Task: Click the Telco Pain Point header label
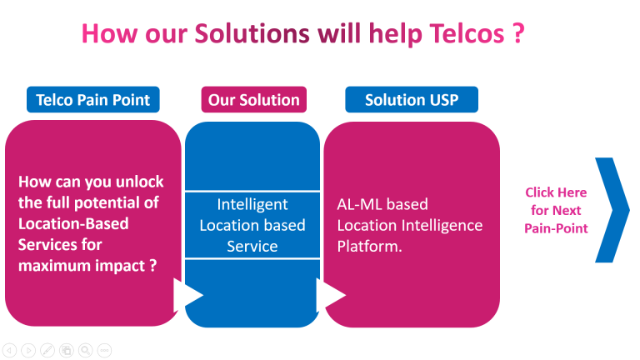click(x=93, y=100)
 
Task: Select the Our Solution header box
click(x=254, y=100)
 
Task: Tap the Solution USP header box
click(x=412, y=100)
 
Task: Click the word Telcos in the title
click(x=467, y=33)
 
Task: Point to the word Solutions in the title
click(x=252, y=33)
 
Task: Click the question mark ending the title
click(x=518, y=33)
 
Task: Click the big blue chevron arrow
click(x=612, y=210)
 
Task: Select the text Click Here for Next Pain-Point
click(x=556, y=210)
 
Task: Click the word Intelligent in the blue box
click(x=252, y=204)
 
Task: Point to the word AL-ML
click(x=361, y=204)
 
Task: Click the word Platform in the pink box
click(x=367, y=246)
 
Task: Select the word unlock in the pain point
click(x=140, y=182)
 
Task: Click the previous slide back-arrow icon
click(x=9, y=350)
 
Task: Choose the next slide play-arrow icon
click(x=28, y=350)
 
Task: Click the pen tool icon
click(x=47, y=350)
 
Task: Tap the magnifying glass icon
click(x=85, y=350)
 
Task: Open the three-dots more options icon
click(x=104, y=350)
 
